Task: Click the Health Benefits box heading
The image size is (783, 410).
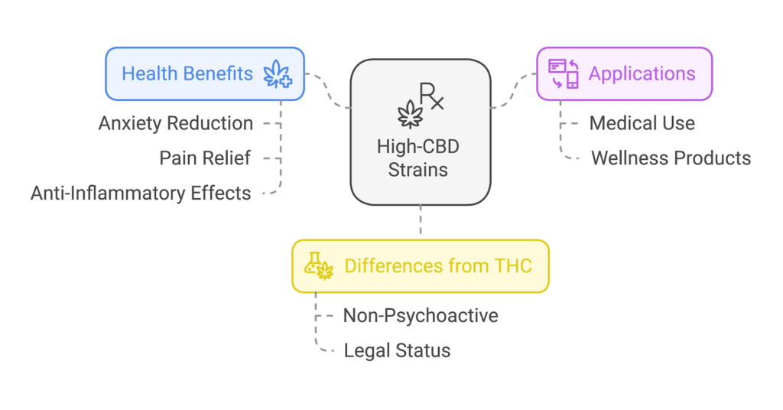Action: [187, 74]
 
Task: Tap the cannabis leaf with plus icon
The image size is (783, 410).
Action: [277, 75]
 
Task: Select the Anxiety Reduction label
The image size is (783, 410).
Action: [176, 123]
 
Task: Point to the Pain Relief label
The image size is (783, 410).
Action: [205, 158]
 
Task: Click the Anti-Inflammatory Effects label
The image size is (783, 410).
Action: [141, 194]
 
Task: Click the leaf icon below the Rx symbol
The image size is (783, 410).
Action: [411, 115]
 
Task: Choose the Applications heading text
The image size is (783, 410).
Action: [642, 74]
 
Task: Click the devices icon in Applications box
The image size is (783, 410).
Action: [564, 74]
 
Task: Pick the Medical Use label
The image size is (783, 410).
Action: [642, 123]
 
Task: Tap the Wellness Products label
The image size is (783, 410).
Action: [671, 158]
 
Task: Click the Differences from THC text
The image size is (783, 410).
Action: [438, 266]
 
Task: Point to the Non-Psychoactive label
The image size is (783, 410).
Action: [421, 315]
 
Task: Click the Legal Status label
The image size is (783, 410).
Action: [397, 350]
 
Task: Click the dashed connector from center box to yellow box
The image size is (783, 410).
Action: [420, 222]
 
